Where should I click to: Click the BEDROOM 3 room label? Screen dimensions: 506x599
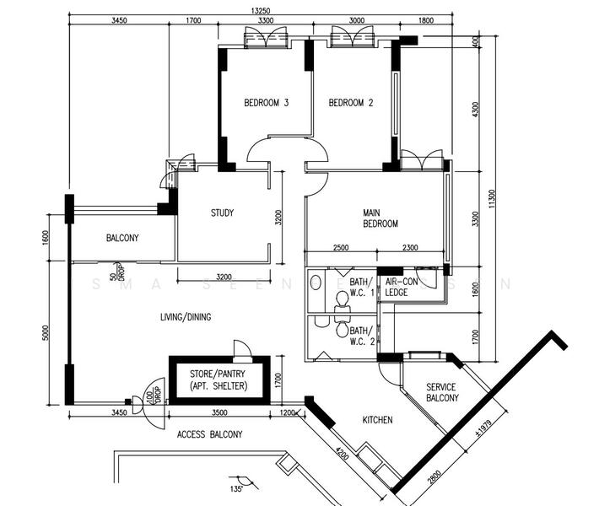point(267,104)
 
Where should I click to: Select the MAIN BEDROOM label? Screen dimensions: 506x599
point(380,218)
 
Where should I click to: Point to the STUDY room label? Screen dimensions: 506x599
point(222,213)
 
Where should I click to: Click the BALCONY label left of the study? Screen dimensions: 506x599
point(122,239)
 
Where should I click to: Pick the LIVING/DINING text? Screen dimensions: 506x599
point(186,317)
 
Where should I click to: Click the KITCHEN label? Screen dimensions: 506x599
point(377,420)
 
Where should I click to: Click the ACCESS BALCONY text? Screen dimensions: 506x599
point(209,435)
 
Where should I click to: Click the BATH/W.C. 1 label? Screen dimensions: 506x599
point(361,287)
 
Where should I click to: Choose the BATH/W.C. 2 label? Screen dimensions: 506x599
point(361,336)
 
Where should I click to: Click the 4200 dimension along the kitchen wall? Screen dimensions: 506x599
point(340,455)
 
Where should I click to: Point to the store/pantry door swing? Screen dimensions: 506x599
point(242,349)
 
